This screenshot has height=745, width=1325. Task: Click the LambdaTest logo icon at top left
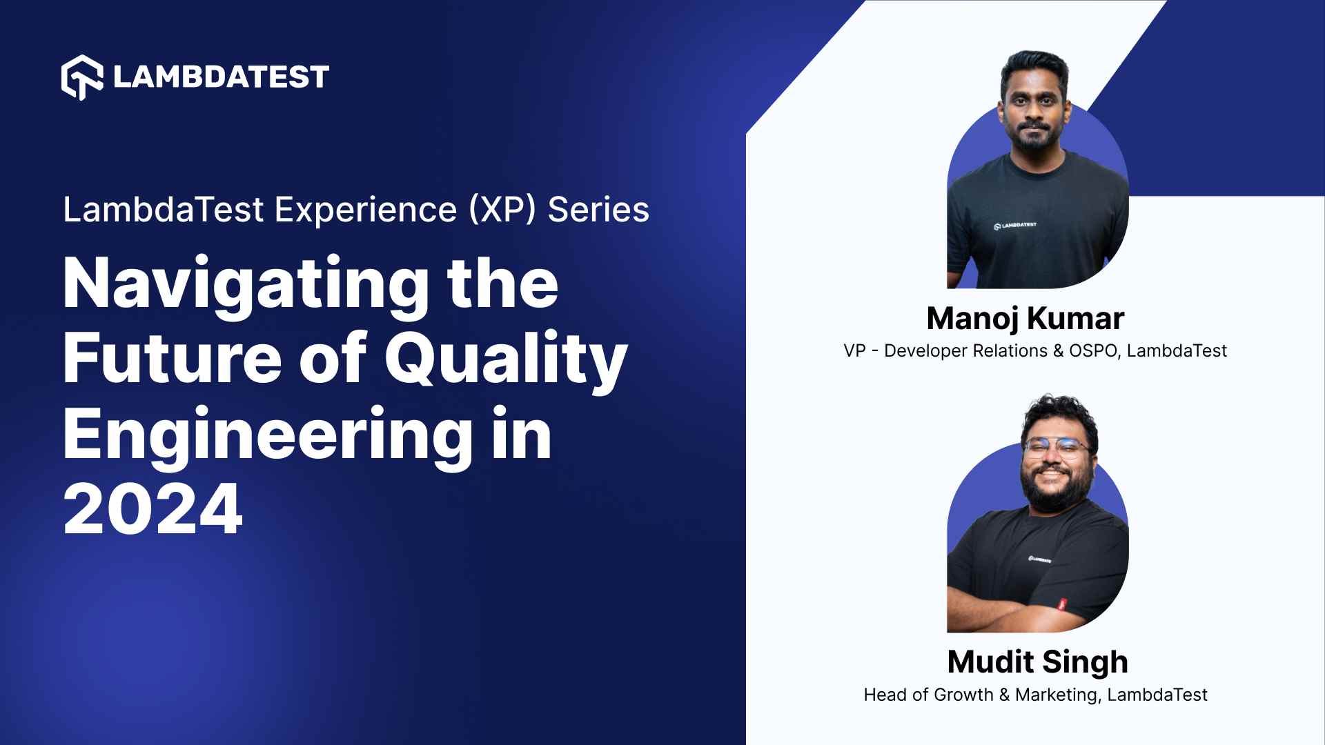(82, 77)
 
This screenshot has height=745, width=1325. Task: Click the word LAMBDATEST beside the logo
(221, 77)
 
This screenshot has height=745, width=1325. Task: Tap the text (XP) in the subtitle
(502, 210)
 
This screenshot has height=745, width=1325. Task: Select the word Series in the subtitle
(598, 210)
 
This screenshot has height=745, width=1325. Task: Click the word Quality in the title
(505, 360)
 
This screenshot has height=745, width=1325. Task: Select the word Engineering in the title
(268, 435)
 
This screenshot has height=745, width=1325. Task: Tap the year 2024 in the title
(153, 509)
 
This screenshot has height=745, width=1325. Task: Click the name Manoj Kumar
(1025, 319)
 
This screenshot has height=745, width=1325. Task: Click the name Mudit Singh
(1037, 662)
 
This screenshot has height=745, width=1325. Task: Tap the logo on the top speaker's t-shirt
(1014, 226)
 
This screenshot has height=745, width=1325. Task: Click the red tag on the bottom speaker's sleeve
(1062, 604)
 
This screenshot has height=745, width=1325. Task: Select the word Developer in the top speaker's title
(925, 351)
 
